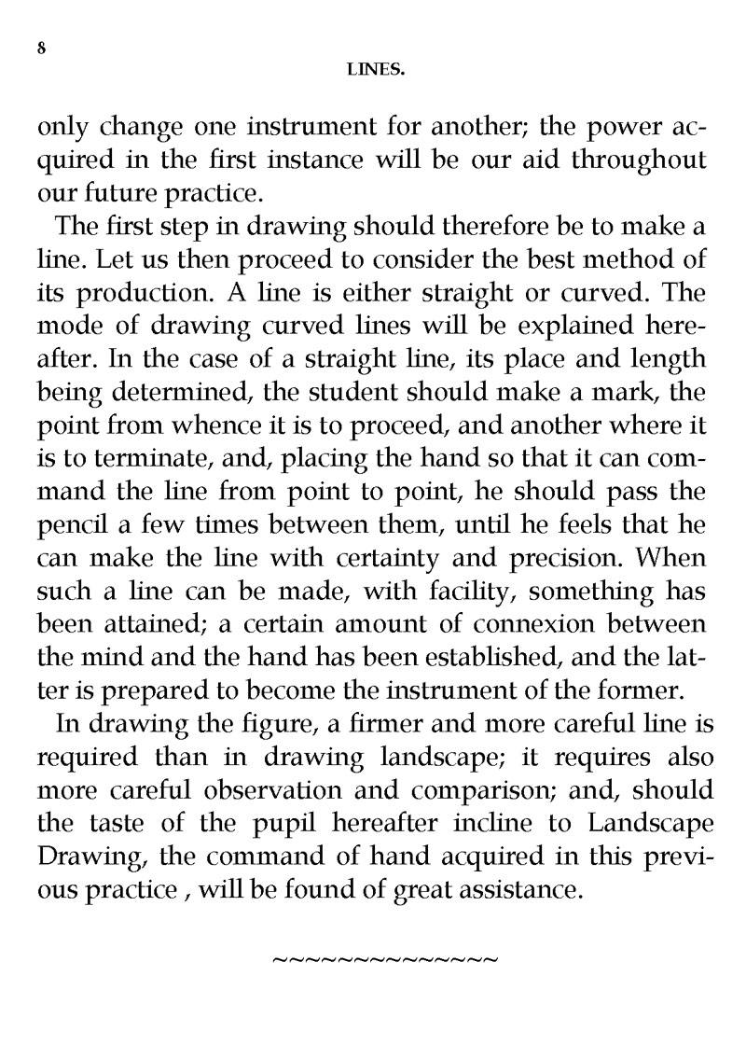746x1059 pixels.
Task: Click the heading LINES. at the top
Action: [x=374, y=68]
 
